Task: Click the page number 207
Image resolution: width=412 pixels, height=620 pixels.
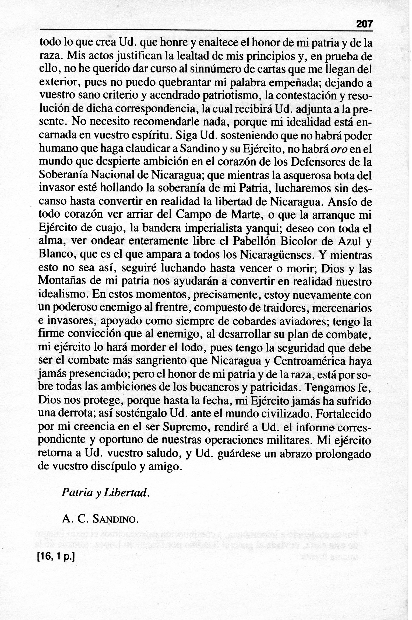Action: click(364, 25)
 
